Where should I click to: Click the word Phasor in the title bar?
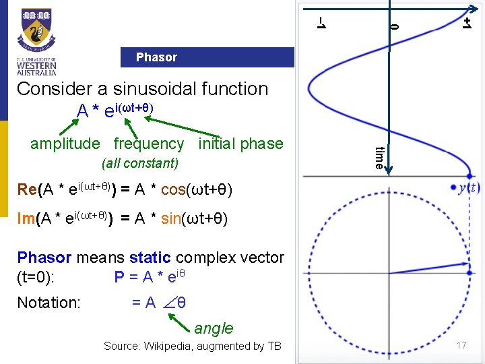click(156, 57)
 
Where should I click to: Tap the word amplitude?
click(64, 144)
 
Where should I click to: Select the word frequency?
click(148, 144)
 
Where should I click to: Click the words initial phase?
click(240, 144)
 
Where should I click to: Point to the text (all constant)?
click(139, 163)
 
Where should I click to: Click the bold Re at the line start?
click(28, 190)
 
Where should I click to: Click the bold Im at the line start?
click(27, 219)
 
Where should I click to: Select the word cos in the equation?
click(173, 190)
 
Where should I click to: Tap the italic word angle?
click(214, 328)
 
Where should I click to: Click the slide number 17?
click(461, 346)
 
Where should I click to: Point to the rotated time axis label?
click(379, 157)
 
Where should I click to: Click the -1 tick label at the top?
click(322, 23)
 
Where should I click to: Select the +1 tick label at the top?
click(466, 23)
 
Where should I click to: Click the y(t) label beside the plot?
click(469, 187)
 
